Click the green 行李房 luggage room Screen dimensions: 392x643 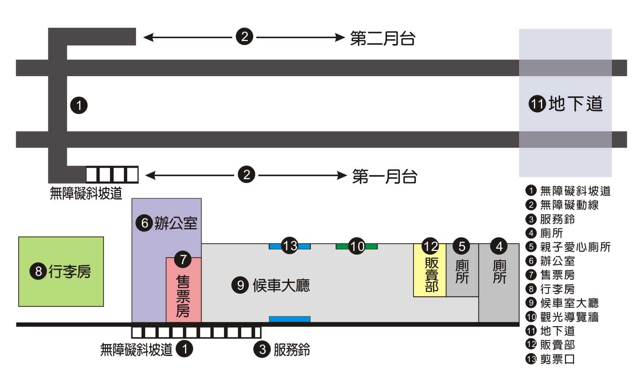[x=61, y=271]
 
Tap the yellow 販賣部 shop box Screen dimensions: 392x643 [x=430, y=275]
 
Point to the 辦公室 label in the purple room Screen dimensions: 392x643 [x=176, y=223]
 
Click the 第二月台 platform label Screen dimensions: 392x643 [x=382, y=38]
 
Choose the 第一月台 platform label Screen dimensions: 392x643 [x=385, y=176]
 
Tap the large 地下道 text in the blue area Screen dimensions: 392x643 [x=576, y=104]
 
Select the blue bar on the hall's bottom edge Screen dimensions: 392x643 [x=290, y=319]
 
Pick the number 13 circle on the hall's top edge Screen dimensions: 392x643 [x=290, y=245]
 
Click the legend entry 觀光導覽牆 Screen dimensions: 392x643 [x=569, y=317]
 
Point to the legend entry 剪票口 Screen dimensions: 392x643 [x=557, y=359]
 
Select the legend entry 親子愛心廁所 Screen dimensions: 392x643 [x=575, y=247]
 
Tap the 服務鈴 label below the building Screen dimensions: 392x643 [x=291, y=350]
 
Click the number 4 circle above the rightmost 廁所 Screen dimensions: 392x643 [x=499, y=246]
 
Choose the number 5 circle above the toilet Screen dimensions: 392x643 [x=462, y=246]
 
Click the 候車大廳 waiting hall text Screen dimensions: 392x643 [x=281, y=285]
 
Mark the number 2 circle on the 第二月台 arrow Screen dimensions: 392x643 [x=245, y=37]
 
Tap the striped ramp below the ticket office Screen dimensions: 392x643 [x=196, y=332]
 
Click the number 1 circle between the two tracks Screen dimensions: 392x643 [x=79, y=106]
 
